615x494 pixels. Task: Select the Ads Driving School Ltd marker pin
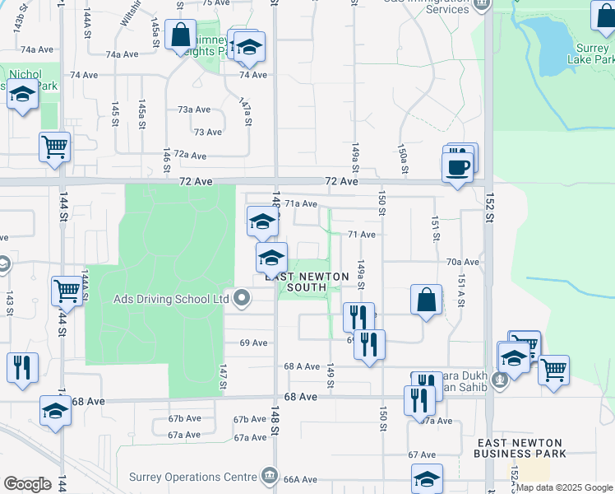coord(241,298)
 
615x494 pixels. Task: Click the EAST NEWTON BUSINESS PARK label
coord(521,448)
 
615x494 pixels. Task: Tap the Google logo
coord(27,484)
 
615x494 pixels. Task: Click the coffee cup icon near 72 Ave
coord(457,167)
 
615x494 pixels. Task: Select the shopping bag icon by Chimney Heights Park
coord(179,37)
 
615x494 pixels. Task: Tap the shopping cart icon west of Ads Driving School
coord(66,291)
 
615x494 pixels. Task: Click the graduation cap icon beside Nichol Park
coord(22,96)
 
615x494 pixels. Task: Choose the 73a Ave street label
coord(195,110)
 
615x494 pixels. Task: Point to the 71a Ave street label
coord(302,203)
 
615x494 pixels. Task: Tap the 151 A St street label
coord(461,291)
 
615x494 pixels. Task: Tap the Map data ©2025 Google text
coord(564,487)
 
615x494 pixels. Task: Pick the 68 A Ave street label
coord(301,366)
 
